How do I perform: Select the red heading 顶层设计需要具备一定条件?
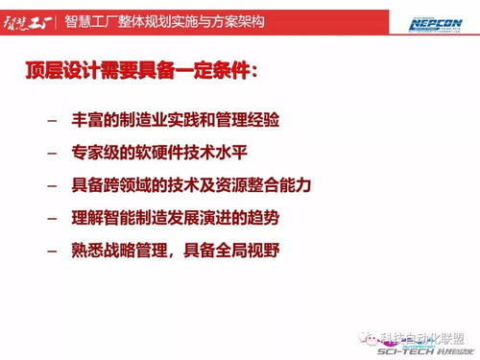(x=143, y=72)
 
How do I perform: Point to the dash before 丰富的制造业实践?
(x=51, y=123)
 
